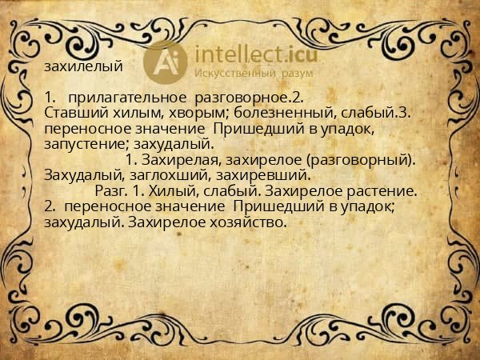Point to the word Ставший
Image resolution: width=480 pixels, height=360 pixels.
tap(73, 113)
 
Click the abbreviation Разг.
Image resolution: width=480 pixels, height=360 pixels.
tap(110, 191)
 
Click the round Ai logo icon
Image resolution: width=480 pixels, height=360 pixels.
tap(166, 60)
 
